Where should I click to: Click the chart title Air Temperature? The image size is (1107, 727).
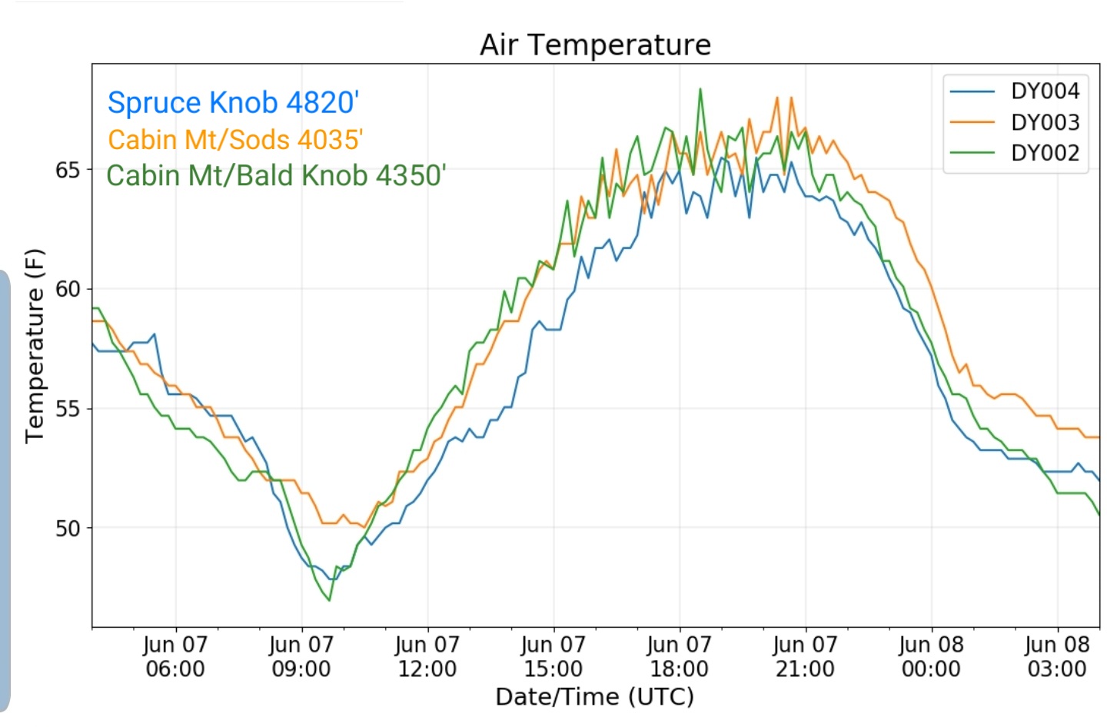pos(595,45)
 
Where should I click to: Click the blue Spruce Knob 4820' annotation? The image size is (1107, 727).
pos(233,103)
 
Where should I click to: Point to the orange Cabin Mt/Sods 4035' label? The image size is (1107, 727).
pos(235,140)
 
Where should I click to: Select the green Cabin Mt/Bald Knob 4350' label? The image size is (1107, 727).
pos(276,176)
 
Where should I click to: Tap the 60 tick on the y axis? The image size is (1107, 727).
pos(67,290)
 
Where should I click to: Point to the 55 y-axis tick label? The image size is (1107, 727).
pos(67,410)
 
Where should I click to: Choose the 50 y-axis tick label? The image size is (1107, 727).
pos(67,529)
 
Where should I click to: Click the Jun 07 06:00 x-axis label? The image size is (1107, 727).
pos(175,657)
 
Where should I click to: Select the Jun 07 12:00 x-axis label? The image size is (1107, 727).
pos(427,657)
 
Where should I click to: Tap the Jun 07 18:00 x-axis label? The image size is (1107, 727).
pos(680,657)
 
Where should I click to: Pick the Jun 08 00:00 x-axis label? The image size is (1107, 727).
pos(932,657)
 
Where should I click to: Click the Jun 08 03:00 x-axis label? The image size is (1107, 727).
pos(1058,657)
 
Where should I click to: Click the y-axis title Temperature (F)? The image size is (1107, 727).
pos(35,347)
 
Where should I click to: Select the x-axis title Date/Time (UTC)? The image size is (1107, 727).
pos(595,697)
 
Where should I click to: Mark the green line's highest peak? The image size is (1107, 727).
pos(700,89)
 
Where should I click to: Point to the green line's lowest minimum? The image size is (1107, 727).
pos(330,600)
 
